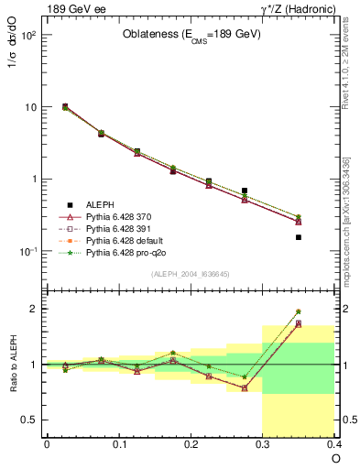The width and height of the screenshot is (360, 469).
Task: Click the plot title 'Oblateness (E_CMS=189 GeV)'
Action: [x=191, y=35]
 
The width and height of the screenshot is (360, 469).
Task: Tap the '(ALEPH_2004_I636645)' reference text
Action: [x=191, y=273]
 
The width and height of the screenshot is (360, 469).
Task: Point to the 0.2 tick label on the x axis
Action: [x=191, y=444]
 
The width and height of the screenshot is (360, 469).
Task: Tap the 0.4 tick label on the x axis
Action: [x=333, y=444]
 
